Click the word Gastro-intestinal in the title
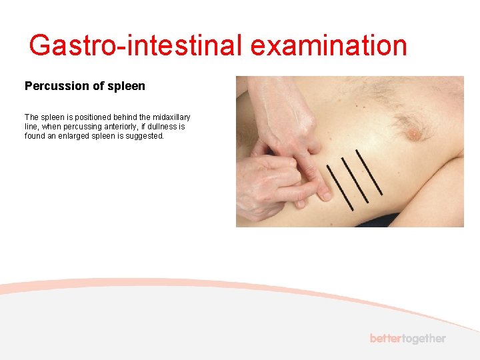pos(137,46)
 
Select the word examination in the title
pos(329,46)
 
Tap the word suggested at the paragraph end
pos(143,135)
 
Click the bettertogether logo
pos(407,339)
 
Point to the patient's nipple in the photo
pos(414,134)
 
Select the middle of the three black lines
pos(355,179)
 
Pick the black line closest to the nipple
pos(369,171)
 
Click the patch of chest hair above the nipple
pos(407,119)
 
